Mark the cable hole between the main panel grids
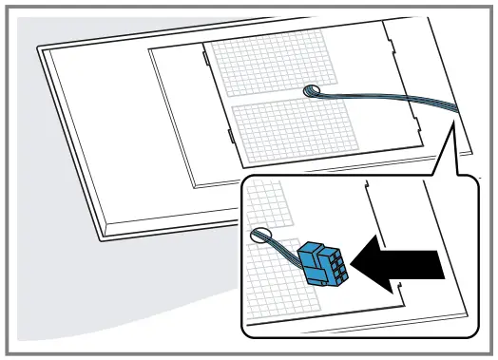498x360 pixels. (x=312, y=92)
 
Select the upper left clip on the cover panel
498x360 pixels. (x=206, y=59)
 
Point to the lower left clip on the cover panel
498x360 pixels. (x=231, y=140)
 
